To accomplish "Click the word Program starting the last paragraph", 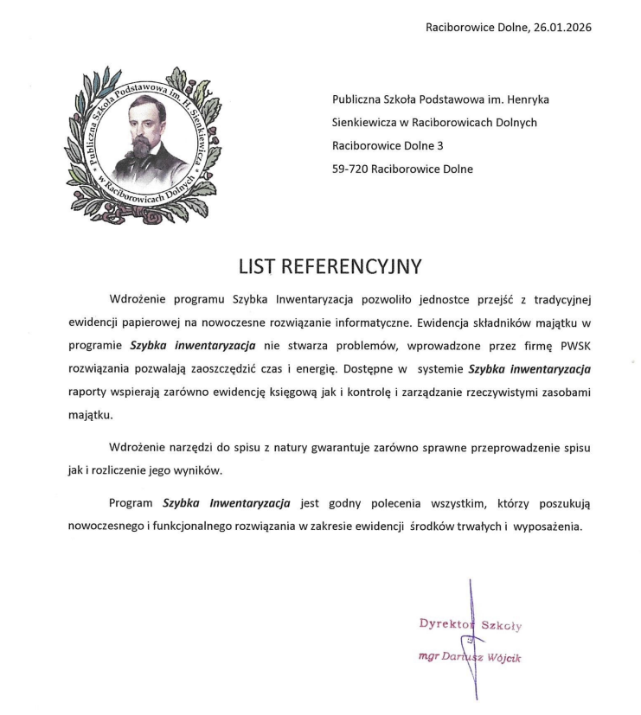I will click(131, 503).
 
